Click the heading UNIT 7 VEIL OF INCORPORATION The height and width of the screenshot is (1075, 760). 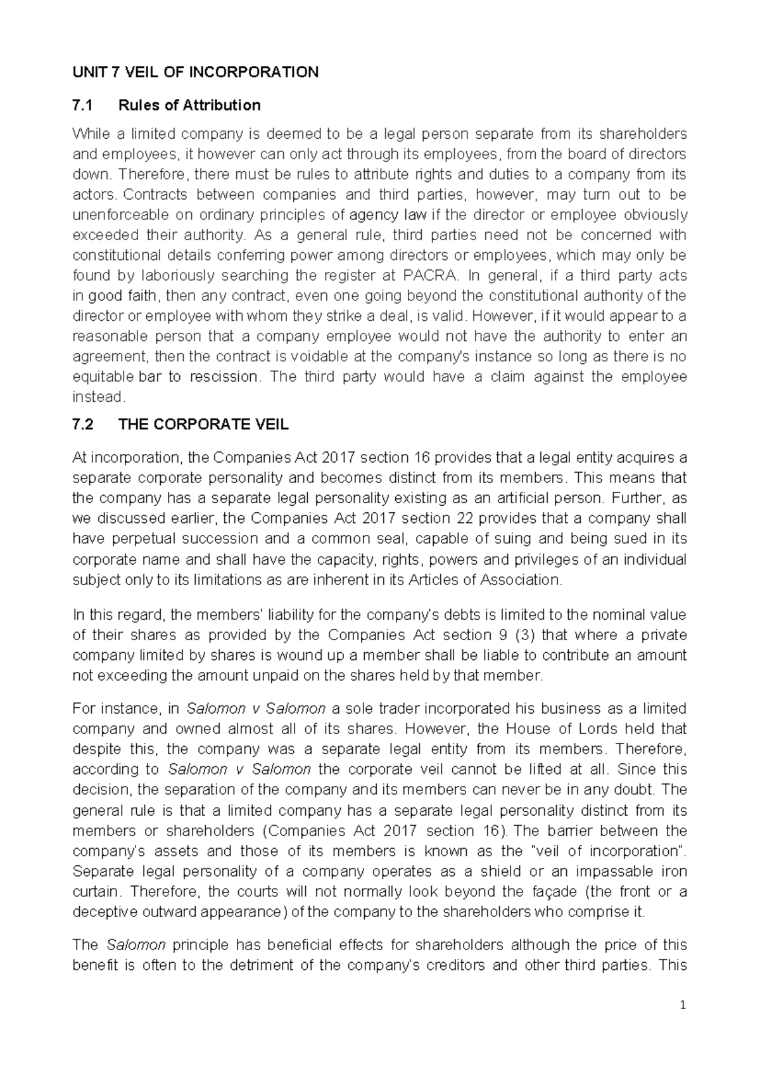tap(196, 72)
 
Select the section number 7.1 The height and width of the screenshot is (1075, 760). tap(83, 105)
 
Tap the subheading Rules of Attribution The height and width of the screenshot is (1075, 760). tap(189, 105)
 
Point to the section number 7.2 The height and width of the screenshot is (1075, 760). tap(83, 425)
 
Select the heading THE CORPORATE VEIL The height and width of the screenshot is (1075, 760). tap(203, 425)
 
